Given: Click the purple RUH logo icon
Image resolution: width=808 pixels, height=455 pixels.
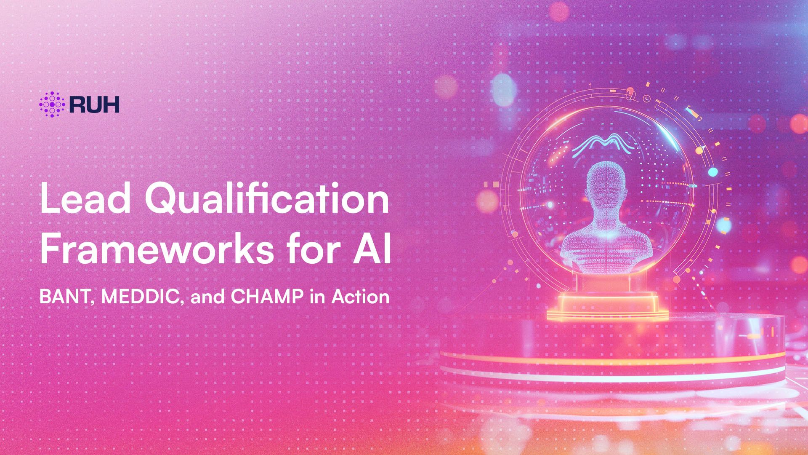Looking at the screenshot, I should point(51,104).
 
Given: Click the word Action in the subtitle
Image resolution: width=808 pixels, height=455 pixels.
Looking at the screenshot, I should point(360,297).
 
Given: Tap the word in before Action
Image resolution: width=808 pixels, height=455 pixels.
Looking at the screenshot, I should point(318,297).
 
